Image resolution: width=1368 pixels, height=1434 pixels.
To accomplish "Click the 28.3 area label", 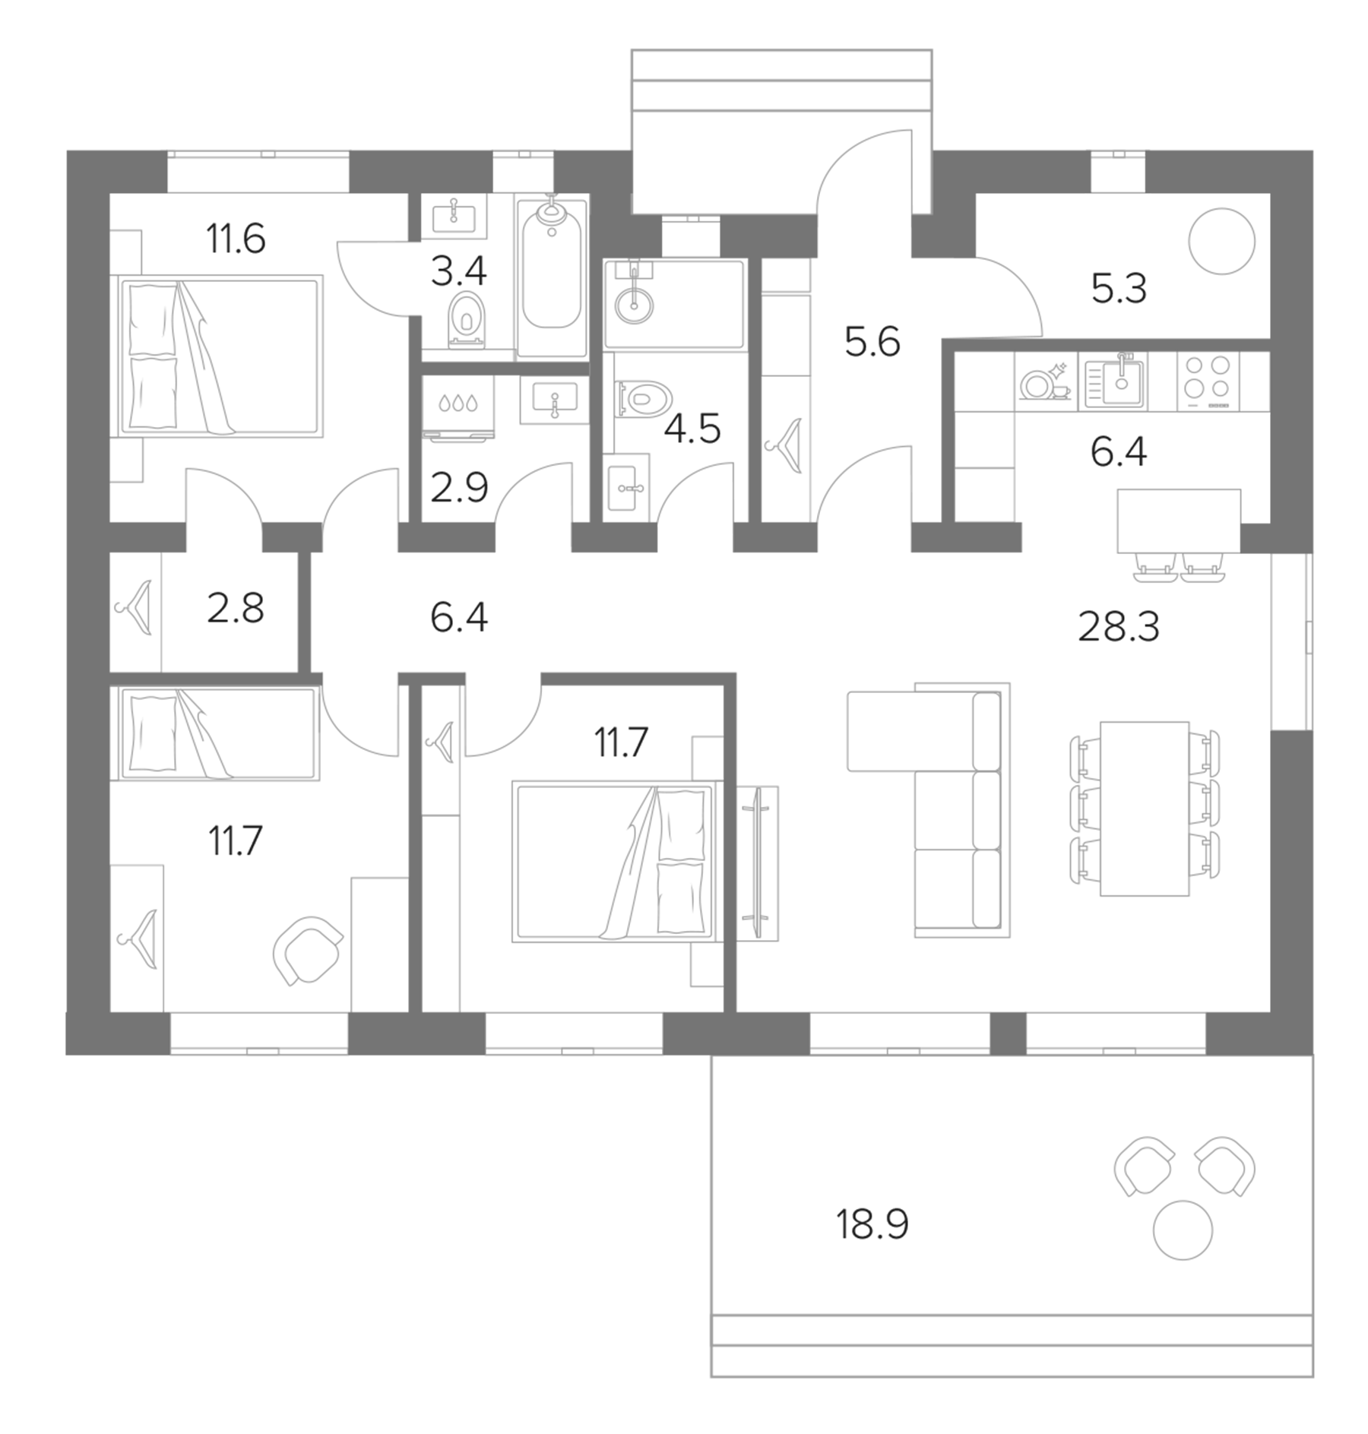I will [1118, 628].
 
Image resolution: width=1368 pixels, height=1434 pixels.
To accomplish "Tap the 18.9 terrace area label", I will [872, 1224].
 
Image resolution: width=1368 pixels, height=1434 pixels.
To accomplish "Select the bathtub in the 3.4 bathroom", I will [552, 274].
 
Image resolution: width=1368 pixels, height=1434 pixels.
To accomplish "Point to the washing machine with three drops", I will [458, 409].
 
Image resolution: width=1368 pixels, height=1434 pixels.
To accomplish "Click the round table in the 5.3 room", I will [1221, 242].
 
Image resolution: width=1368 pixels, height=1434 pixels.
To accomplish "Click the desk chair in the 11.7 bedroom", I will [307, 951].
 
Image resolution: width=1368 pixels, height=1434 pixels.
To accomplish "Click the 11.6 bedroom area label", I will [236, 239].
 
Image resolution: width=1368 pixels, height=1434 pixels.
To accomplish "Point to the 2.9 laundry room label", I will [458, 487].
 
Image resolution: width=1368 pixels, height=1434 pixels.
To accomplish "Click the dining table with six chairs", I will [1144, 808].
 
